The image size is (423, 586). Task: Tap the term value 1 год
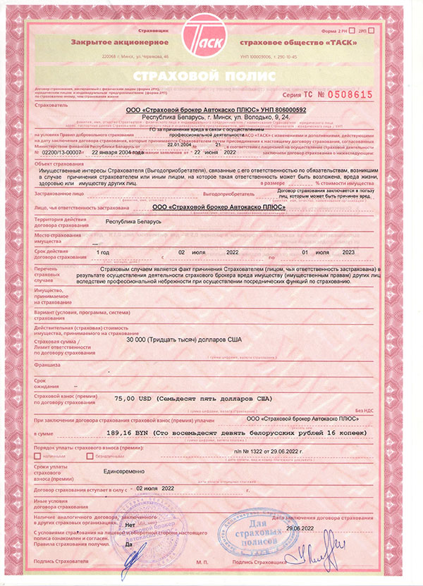[103, 251]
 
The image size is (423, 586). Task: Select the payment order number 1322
[261, 449]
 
